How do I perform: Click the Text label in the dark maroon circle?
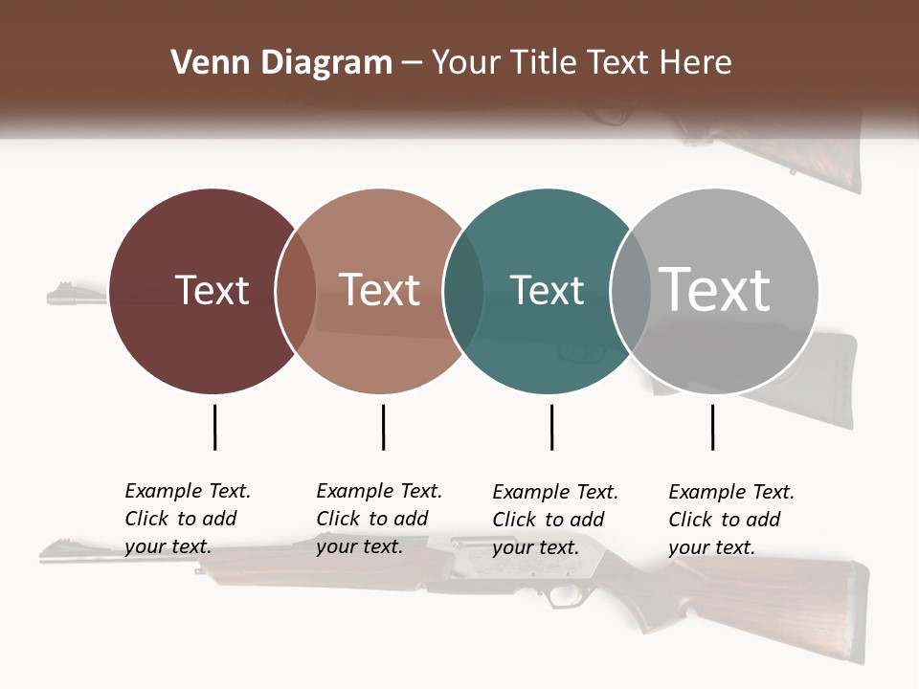212,290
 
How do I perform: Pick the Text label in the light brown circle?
380,290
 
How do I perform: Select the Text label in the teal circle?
547,290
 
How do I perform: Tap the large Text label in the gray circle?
715,289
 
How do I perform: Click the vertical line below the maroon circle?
214,427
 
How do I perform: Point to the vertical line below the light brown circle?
383,427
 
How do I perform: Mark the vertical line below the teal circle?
551,427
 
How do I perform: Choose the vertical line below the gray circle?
712,427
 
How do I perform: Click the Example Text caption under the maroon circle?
188,519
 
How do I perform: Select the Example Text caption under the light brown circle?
379,519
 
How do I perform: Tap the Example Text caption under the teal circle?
555,520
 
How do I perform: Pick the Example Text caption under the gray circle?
731,520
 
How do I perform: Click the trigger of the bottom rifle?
558,597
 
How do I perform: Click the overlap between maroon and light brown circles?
296,291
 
